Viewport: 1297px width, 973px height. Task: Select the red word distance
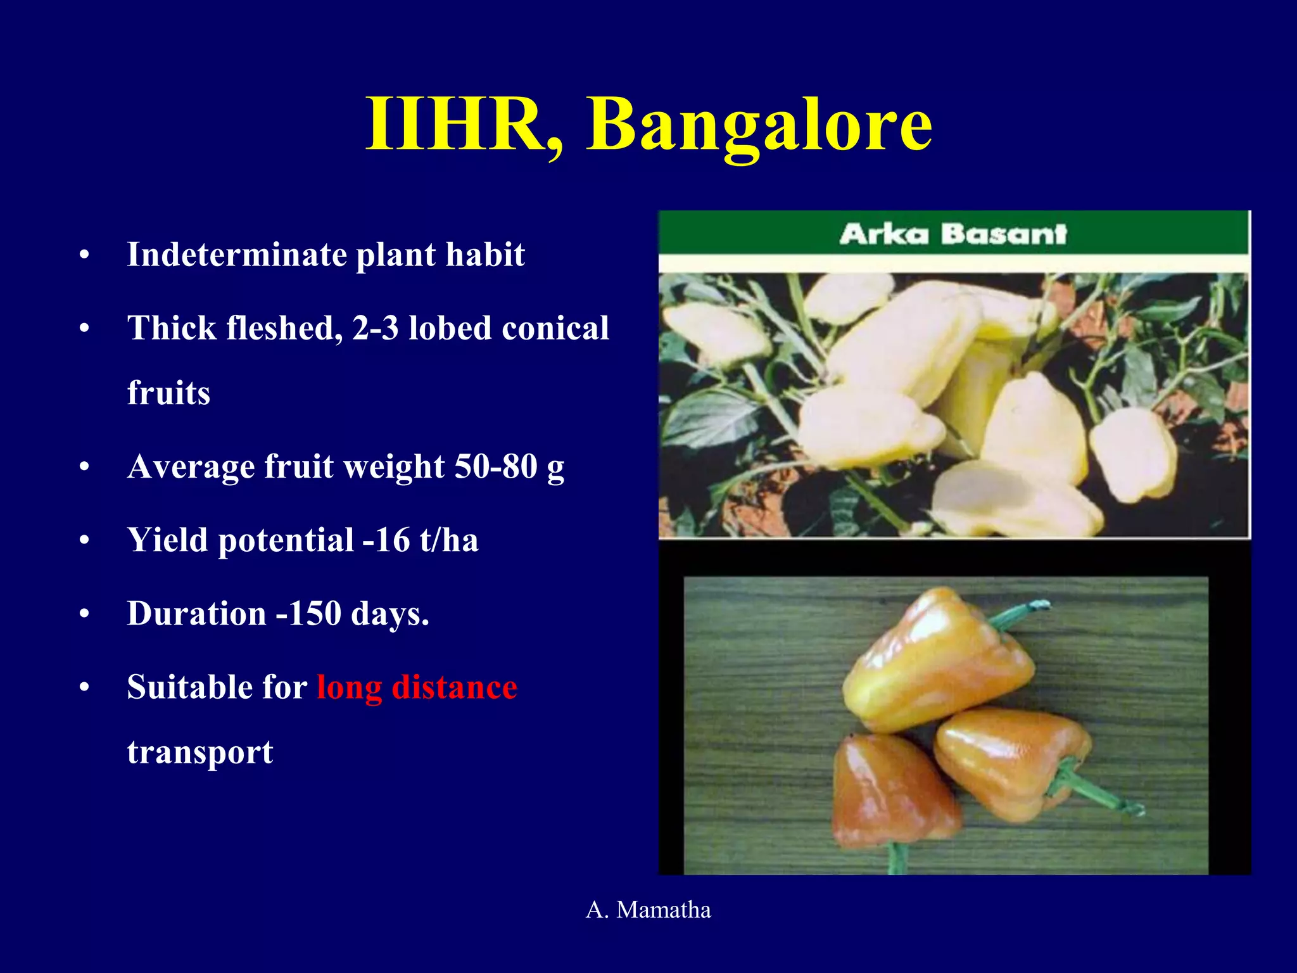tap(454, 687)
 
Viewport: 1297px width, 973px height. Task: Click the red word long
tap(350, 689)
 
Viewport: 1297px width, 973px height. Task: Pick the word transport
tap(200, 753)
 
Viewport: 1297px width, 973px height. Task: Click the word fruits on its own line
tap(168, 393)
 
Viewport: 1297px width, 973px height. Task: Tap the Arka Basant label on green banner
tap(953, 234)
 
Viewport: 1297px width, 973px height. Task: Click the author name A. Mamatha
tap(648, 910)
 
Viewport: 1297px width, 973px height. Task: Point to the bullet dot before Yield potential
tap(84, 541)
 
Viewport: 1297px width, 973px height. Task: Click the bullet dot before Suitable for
tap(84, 688)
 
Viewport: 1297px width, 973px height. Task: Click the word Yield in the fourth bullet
tap(167, 540)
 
